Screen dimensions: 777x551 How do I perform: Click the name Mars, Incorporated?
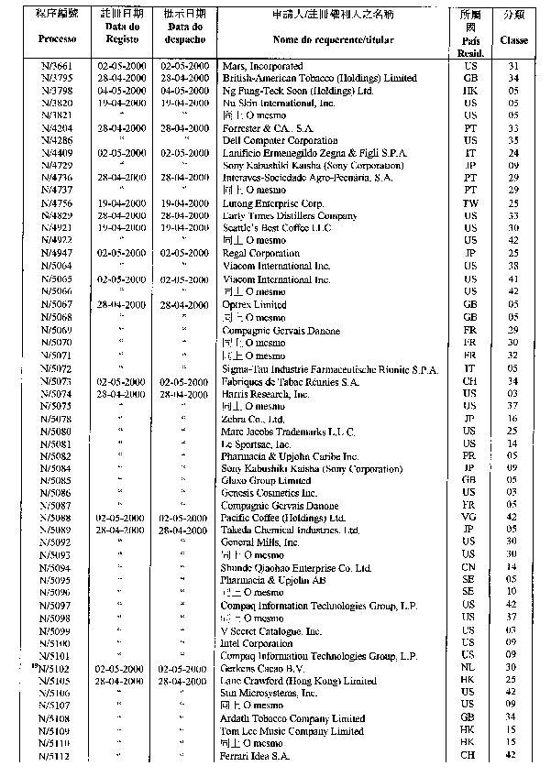(263, 67)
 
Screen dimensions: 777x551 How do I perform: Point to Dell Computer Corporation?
(280, 141)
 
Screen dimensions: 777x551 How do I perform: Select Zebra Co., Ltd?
(254, 419)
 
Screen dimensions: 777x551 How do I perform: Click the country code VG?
(469, 518)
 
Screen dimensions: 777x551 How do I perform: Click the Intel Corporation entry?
(258, 643)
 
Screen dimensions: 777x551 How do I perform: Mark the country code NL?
(469, 669)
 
